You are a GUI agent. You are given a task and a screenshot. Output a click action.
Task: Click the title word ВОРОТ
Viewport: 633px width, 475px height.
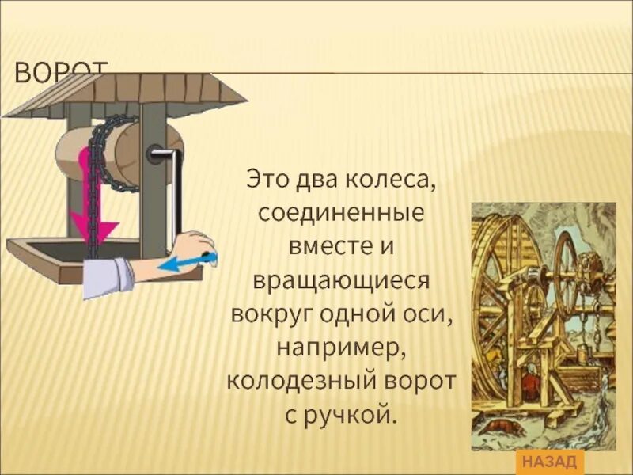coord(60,73)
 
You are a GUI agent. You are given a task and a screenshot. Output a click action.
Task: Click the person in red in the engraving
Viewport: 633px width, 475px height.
coord(528,386)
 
